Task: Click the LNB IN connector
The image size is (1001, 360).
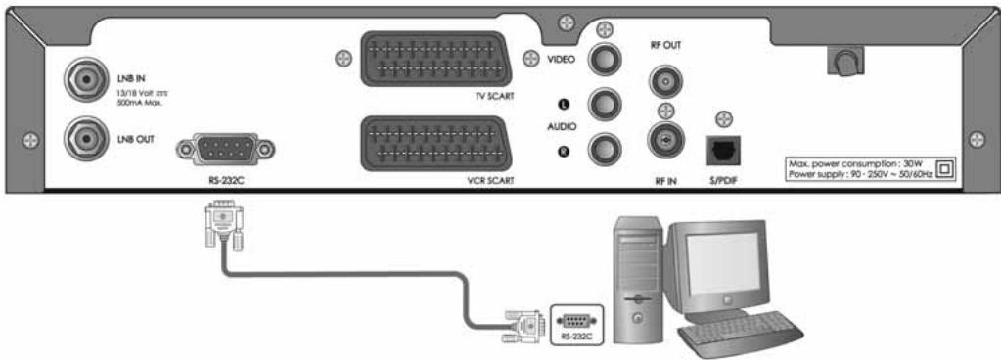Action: (80, 75)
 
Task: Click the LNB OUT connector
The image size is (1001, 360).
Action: (80, 138)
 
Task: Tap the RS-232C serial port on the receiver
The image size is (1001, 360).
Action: (224, 149)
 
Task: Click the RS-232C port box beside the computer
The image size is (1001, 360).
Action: (574, 323)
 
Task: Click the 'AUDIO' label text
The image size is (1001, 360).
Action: (560, 126)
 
